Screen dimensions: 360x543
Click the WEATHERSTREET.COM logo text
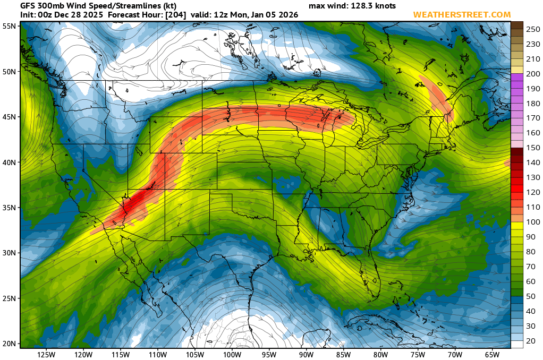click(462, 15)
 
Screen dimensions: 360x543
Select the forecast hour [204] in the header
click(174, 15)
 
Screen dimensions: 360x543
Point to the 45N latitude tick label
click(9, 117)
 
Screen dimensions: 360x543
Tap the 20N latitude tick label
click(9, 344)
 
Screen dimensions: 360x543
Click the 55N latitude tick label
click(9, 26)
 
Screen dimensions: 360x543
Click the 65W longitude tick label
click(491, 354)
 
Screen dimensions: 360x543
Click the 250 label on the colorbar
click(533, 30)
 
